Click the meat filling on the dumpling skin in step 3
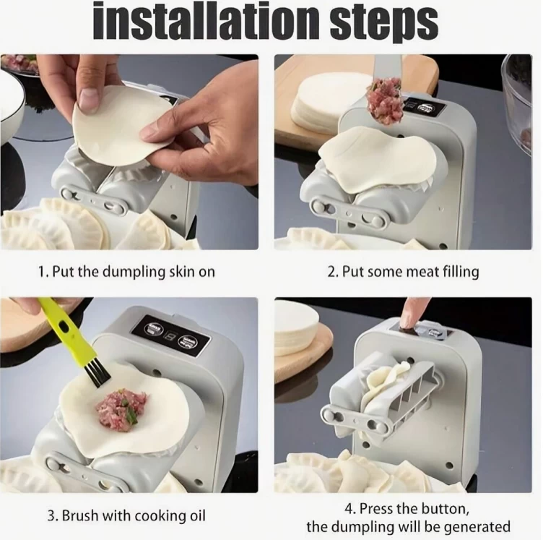click(122, 410)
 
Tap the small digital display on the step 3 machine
click(169, 335)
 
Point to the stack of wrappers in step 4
click(295, 330)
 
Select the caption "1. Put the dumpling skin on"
click(126, 271)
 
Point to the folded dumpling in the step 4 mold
click(389, 384)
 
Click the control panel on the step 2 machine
click(425, 106)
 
